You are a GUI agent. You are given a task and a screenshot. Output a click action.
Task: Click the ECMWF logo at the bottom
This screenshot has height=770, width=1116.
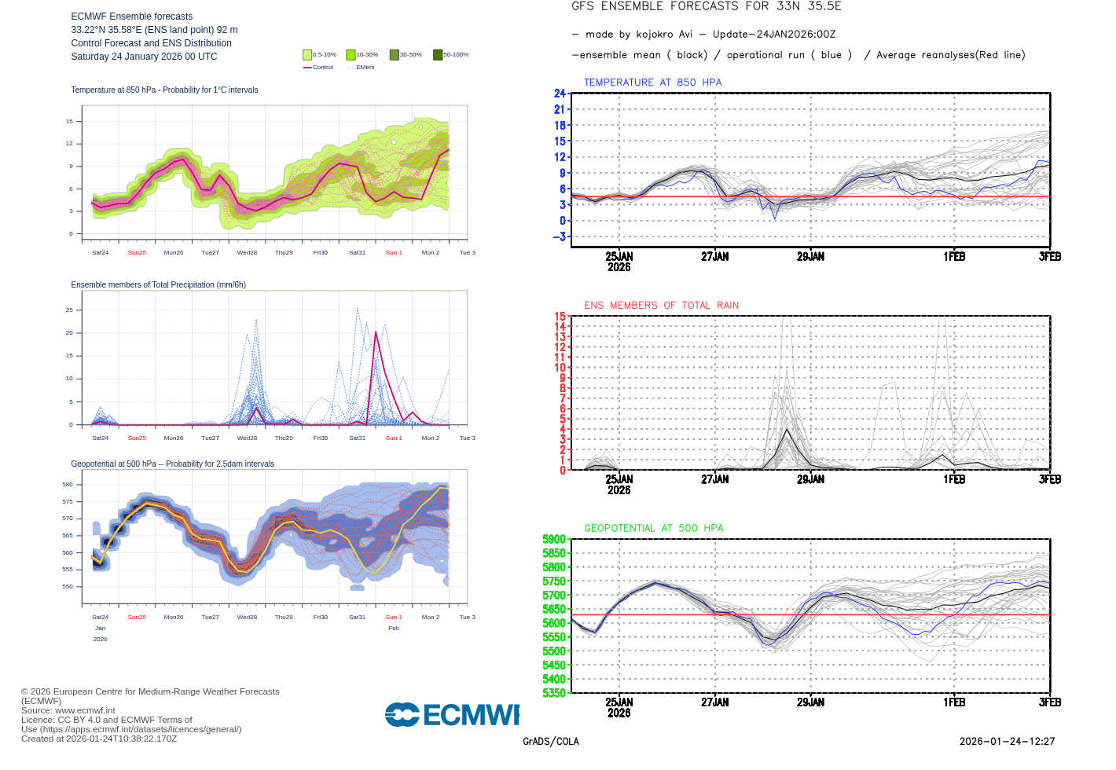pos(452,714)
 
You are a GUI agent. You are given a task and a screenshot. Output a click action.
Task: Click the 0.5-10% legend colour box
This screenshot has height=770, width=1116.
pos(307,55)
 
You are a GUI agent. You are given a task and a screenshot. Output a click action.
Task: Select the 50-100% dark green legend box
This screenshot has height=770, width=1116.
pos(438,55)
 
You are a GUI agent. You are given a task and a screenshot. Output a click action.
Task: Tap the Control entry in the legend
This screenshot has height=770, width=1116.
pos(318,68)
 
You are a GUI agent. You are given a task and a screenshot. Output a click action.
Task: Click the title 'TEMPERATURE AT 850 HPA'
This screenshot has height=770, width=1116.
pos(652,82)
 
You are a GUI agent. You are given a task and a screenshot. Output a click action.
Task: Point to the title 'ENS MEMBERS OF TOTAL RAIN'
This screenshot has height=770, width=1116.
pos(661,306)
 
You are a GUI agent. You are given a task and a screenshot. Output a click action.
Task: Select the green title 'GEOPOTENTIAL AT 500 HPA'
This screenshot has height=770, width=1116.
pos(653,529)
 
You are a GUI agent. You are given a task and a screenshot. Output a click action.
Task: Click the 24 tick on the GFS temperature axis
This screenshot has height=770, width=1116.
pos(560,93)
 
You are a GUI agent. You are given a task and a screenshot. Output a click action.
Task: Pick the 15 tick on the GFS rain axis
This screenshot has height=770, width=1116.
pos(560,317)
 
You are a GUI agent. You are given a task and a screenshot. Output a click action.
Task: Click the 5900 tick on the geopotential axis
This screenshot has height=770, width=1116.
pos(554,539)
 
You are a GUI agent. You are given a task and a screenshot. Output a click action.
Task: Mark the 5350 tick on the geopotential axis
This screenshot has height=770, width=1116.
pos(554,693)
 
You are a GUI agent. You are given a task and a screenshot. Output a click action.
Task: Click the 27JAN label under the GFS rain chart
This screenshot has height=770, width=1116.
pos(714,479)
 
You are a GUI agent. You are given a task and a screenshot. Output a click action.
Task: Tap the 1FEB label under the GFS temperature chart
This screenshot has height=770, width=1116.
pos(954,257)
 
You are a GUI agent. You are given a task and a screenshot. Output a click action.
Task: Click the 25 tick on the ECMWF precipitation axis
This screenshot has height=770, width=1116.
pos(69,310)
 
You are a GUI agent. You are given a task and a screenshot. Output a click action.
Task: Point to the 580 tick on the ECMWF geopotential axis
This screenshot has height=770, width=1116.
pos(68,485)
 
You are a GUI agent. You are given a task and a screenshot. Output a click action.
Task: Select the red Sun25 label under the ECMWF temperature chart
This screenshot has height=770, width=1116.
pos(137,253)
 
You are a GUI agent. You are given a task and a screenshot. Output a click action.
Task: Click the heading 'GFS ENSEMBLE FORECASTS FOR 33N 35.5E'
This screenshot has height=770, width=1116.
pos(706,6)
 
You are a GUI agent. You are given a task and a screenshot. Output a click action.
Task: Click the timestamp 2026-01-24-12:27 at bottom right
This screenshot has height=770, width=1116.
pos(1007,742)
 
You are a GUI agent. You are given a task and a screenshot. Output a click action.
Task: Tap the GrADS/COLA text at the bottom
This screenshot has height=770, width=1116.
pos(550,742)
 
